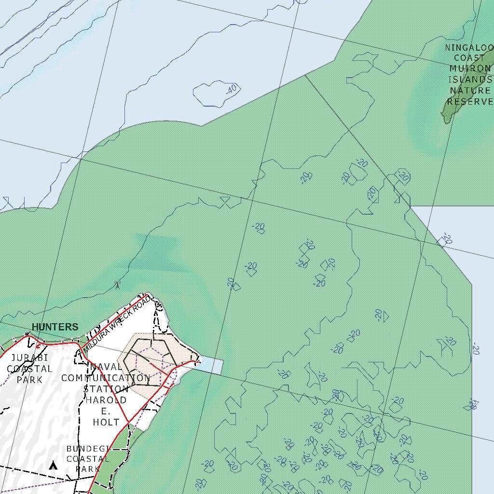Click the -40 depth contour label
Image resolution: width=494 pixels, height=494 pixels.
[x=232, y=89]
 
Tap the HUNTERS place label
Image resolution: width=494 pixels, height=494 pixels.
[x=55, y=327]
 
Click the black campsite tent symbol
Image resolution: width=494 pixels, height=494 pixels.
[x=53, y=466]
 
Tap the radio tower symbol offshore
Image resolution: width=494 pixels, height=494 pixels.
[x=117, y=285]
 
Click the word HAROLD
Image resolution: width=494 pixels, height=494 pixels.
[x=106, y=400]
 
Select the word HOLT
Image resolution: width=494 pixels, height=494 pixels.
[x=106, y=422]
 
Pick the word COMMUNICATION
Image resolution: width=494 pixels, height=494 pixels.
[x=106, y=378]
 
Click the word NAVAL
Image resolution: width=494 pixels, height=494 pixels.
[x=106, y=367]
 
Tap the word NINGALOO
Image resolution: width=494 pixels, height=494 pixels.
[x=469, y=48]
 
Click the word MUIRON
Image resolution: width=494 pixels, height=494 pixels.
[x=470, y=69]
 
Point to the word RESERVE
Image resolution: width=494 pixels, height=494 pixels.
[x=470, y=101]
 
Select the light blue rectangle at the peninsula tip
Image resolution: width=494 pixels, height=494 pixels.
[x=212, y=365]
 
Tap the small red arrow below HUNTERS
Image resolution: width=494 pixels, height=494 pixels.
[x=38, y=345]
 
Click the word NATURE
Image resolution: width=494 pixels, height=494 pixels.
[x=470, y=90]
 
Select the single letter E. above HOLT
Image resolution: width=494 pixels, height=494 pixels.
[x=106, y=411]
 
